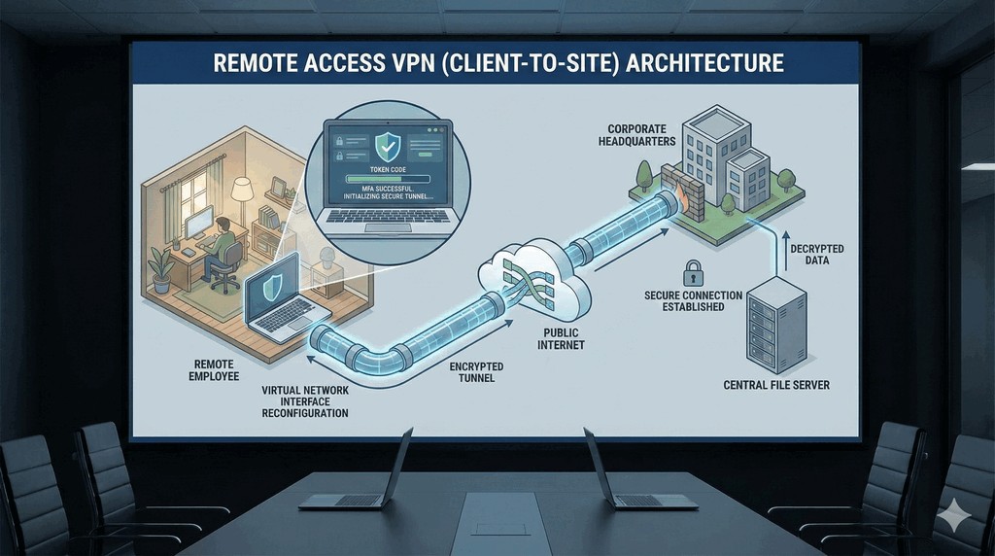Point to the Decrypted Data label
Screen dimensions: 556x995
click(x=816, y=256)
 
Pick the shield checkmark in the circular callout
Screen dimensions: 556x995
click(x=387, y=147)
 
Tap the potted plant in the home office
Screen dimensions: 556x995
click(x=161, y=266)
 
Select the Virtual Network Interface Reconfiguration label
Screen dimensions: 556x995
click(x=305, y=400)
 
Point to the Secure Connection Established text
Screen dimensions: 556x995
click(x=693, y=300)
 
